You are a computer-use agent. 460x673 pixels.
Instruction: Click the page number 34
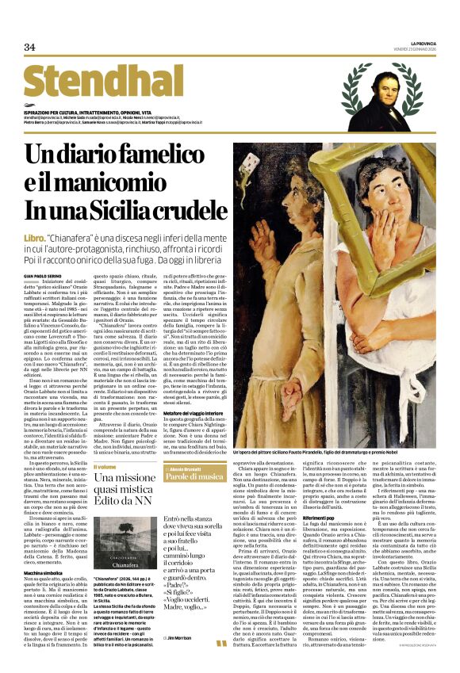click(x=30, y=48)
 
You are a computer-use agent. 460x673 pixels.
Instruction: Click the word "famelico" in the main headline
click(x=158, y=156)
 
